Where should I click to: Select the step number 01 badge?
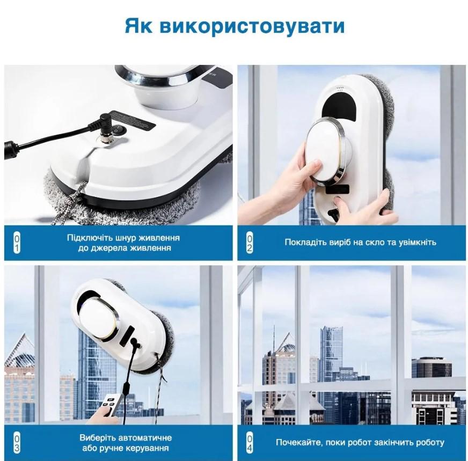pos(16,243)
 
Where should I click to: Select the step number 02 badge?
pos(250,243)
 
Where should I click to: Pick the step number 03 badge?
pos(16,442)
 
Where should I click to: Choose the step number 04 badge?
pos(250,442)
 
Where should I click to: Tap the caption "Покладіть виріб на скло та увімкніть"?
pos(360,242)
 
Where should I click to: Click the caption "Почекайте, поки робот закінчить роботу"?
pos(360,443)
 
